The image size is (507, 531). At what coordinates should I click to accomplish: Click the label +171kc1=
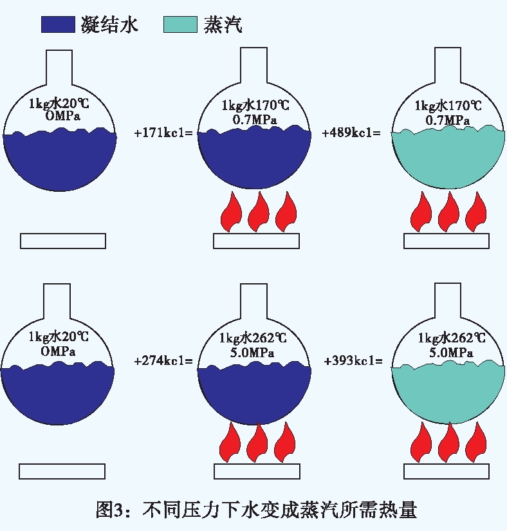tap(163, 134)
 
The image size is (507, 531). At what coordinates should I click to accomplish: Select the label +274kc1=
tap(163, 360)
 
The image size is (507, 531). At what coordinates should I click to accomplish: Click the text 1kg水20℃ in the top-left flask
tap(59, 106)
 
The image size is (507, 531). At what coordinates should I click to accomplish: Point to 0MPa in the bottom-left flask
tap(58, 351)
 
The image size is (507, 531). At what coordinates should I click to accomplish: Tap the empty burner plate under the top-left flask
tap(63, 241)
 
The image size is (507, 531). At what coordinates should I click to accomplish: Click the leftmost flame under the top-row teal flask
tap(421, 212)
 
